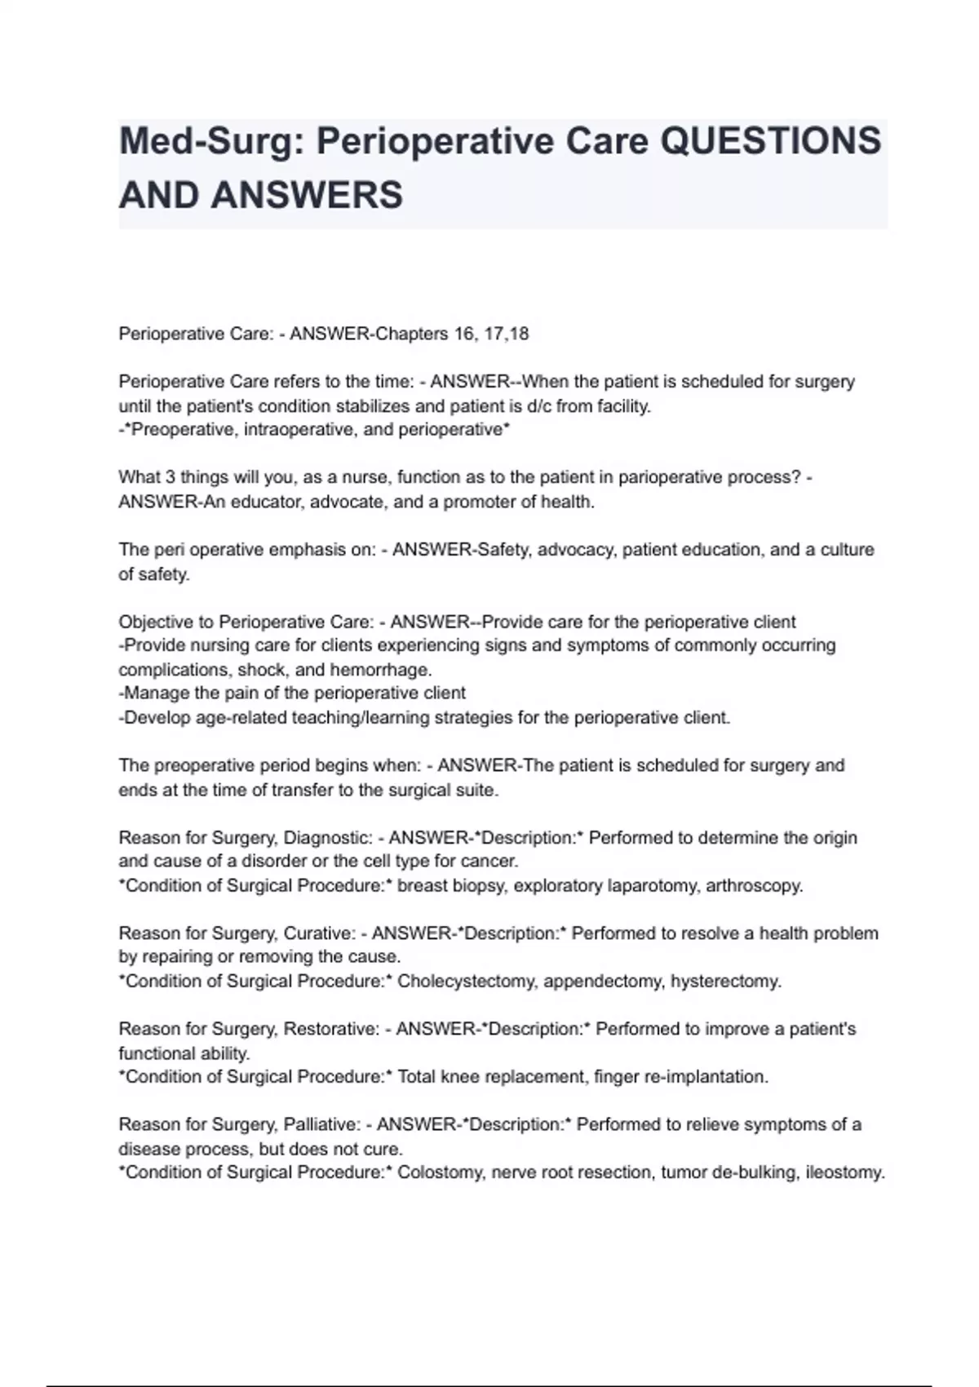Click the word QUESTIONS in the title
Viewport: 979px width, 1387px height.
(770, 142)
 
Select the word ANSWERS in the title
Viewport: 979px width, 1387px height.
(307, 196)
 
